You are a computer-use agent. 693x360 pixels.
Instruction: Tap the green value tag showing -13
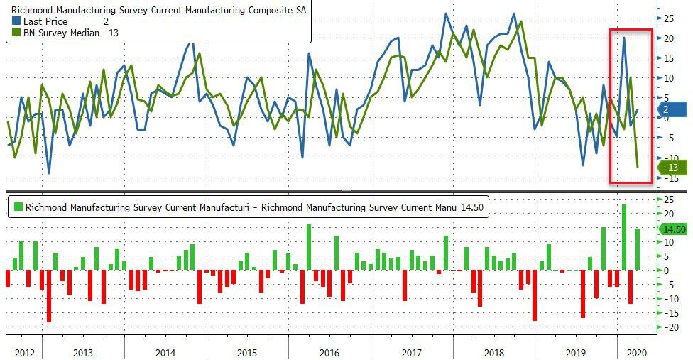click(x=672, y=168)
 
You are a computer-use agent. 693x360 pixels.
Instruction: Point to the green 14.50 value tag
click(x=673, y=229)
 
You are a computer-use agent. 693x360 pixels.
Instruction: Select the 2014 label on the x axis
click(x=165, y=351)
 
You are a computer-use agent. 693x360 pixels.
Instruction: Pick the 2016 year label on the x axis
click(x=329, y=351)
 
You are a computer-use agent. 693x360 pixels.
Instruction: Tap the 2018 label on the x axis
click(x=494, y=351)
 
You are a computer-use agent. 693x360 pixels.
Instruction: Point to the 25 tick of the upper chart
click(x=669, y=18)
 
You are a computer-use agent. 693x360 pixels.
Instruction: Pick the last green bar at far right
click(x=638, y=249)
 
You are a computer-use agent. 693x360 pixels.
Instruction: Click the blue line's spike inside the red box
click(x=624, y=38)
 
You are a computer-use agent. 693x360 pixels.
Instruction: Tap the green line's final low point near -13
click(x=638, y=167)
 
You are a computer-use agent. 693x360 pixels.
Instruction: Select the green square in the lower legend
click(x=17, y=207)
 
